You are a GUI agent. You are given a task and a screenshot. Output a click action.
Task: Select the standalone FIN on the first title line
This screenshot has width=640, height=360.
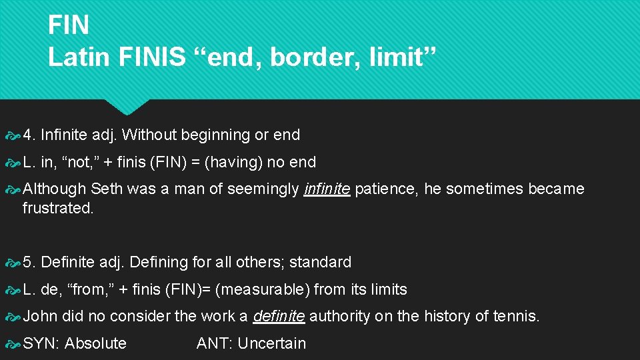69,25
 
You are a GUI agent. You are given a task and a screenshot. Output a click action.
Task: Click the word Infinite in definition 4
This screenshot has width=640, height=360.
63,135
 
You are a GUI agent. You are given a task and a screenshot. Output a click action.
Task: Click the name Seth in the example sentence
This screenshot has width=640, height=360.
107,189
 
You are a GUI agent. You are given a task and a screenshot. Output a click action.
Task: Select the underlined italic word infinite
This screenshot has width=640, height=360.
327,189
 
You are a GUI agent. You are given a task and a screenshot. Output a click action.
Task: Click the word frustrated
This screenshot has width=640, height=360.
58,207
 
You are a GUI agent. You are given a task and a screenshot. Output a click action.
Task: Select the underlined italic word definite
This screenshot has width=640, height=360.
279,316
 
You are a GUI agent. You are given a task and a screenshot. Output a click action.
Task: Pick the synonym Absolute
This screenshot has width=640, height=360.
95,343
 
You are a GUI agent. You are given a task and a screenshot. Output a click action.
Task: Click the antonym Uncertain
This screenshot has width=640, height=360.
271,343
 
